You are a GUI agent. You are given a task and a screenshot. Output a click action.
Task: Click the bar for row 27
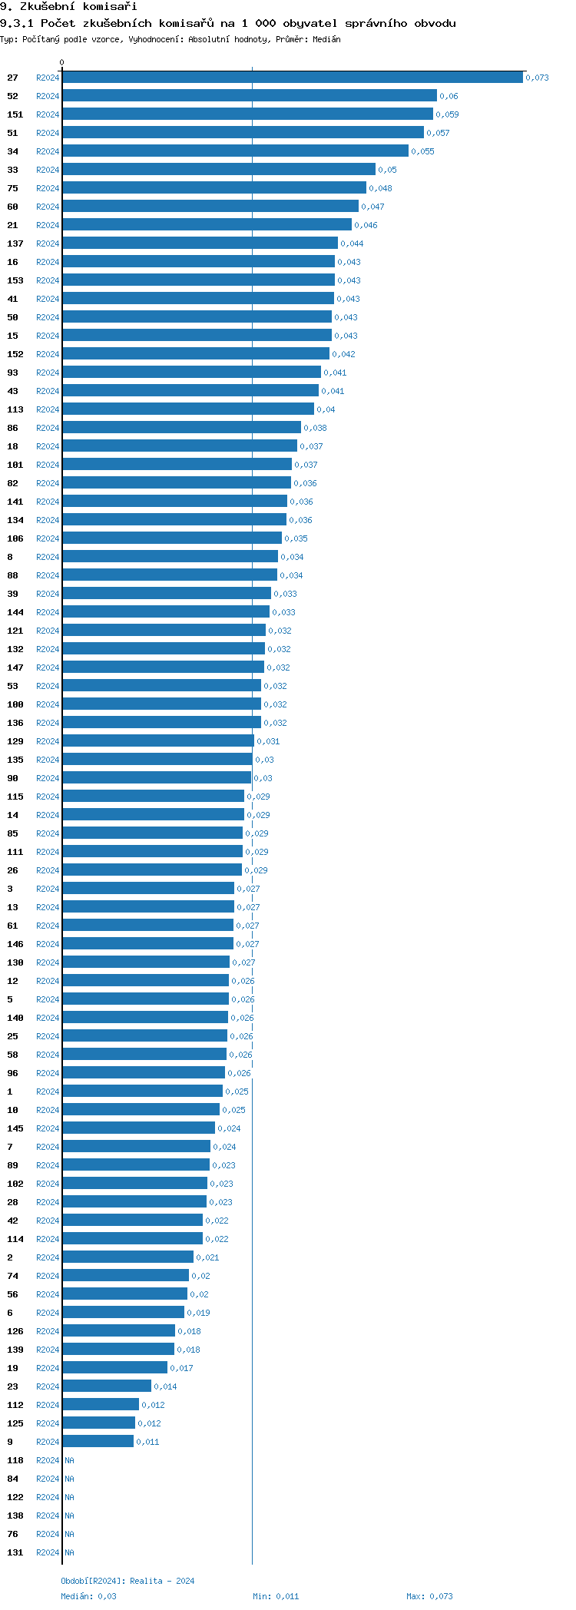[x=292, y=78]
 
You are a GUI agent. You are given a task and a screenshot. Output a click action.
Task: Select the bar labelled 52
[x=249, y=96]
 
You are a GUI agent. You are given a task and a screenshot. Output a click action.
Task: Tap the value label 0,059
[x=447, y=114]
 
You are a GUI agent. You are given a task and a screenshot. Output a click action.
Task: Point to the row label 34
[x=13, y=151]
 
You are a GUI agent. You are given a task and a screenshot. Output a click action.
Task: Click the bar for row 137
[x=200, y=243]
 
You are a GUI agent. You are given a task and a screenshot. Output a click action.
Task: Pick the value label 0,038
[x=315, y=428]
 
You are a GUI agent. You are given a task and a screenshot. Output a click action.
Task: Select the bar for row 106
[x=172, y=538]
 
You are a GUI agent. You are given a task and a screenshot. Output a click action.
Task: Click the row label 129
[x=15, y=741]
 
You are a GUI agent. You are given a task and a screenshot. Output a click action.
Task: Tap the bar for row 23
[x=107, y=1386]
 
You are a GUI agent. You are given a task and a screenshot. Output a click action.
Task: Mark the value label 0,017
[x=181, y=1368]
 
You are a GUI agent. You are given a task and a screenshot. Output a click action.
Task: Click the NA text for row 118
[x=69, y=1460]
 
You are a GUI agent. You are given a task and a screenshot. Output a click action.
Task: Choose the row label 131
[x=15, y=1552]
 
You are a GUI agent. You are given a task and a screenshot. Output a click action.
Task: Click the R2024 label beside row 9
[x=48, y=1442]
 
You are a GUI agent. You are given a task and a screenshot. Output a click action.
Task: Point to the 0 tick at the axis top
[x=62, y=62]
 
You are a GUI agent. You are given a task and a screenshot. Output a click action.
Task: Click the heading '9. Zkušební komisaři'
[x=68, y=7]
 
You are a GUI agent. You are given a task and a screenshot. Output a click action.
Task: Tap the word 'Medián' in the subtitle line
[x=326, y=39]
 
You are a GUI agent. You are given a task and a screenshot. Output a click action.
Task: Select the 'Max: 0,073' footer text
[x=429, y=1596]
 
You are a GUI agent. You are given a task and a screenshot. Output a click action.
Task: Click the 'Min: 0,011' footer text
[x=276, y=1596]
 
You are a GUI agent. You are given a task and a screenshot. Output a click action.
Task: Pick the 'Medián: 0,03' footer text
[x=89, y=1596]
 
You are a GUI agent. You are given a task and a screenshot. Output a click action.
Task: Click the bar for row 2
[x=127, y=1257]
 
